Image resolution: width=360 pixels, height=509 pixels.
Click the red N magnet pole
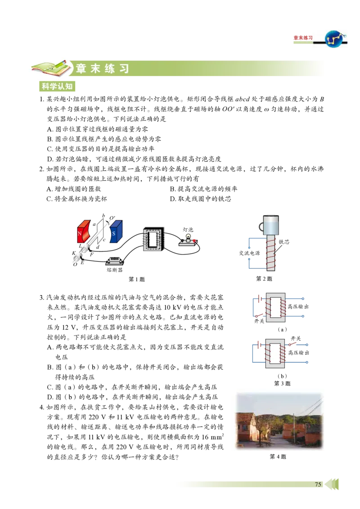point(83,232)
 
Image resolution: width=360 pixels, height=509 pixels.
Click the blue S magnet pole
point(115,232)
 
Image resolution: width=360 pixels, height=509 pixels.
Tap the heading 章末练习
point(103,69)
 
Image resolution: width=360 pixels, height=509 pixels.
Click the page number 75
point(318,484)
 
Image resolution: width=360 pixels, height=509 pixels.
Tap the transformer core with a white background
point(153,237)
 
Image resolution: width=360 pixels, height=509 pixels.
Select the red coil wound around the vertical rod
point(272,254)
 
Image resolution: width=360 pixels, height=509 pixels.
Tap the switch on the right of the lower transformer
point(293,345)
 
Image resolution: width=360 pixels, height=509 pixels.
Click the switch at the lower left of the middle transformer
point(258,316)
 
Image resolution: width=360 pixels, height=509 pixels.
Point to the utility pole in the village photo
point(293,427)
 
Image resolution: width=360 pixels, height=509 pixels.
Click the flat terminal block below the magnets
point(115,263)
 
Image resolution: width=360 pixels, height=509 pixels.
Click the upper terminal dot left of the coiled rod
point(249,247)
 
